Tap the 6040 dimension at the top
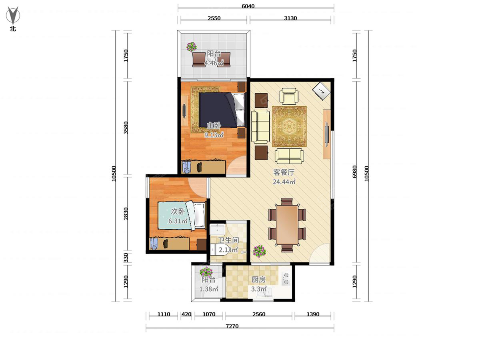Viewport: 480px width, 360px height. point(248,6)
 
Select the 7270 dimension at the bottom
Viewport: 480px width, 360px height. point(232,326)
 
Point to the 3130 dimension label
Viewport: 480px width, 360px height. point(290,18)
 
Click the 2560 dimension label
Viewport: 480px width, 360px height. point(259,314)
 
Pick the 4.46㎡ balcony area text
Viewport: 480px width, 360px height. point(214,63)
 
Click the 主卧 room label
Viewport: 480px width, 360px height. point(214,126)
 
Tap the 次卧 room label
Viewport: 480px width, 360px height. point(178,211)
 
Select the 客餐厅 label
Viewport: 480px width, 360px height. point(284,172)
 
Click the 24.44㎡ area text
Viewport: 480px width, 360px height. point(284,182)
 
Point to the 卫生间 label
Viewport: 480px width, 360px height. point(228,240)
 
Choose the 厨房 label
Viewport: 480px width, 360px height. point(258,280)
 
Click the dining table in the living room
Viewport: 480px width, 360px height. point(287,225)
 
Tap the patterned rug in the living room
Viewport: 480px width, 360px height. point(289,126)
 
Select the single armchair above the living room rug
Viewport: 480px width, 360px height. point(289,96)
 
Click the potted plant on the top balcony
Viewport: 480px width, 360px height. point(192,47)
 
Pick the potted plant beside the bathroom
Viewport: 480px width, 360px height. point(259,251)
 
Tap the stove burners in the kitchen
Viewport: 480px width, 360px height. point(286,279)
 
